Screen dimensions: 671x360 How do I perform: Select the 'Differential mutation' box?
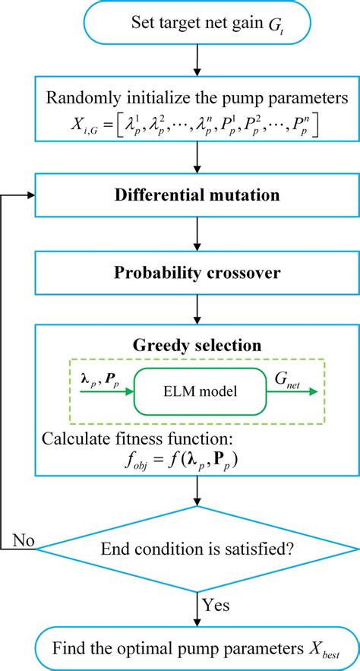click(197, 195)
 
